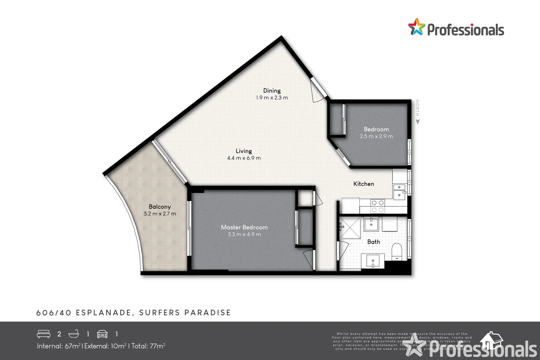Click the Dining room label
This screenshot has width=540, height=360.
coord(272,91)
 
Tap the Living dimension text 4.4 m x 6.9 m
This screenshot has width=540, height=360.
coord(244,158)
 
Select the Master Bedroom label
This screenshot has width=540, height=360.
coord(244,227)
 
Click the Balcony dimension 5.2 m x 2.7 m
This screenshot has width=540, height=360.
coord(160,214)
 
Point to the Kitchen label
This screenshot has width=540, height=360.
coord(363,184)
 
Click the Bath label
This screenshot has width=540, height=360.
coord(373,242)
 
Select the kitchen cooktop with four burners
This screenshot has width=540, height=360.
coord(378,206)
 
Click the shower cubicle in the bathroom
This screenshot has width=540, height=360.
coord(350,228)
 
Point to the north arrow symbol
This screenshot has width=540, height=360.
coord(418,122)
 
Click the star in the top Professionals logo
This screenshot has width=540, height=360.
coord(417,27)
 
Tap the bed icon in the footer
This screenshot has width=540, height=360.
coord(44,334)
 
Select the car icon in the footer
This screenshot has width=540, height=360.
coord(102,334)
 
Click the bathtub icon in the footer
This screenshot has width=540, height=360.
coord(74,334)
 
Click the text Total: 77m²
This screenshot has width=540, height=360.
coord(148,346)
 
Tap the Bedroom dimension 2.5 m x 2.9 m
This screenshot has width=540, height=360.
coord(376,136)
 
